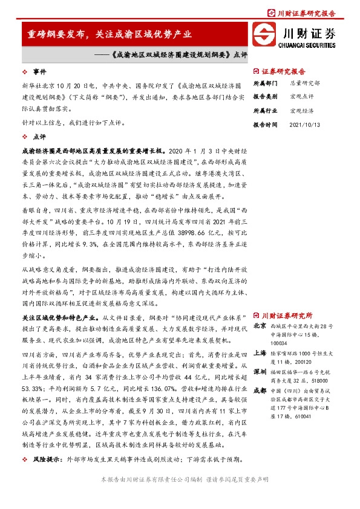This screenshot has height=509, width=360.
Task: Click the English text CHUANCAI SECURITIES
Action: [307, 44]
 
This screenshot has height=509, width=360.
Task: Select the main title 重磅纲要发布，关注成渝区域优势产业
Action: [110, 34]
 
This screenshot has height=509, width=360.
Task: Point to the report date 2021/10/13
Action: [304, 125]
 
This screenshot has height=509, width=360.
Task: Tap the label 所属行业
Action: [264, 111]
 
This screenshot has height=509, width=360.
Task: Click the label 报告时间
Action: [264, 125]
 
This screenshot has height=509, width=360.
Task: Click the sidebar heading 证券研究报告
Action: [283, 70]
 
